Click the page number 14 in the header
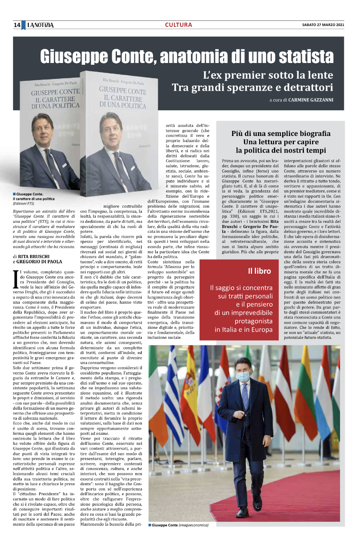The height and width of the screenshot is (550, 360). [17, 25]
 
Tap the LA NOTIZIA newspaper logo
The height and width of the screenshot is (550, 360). [40, 25]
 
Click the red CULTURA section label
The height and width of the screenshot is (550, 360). [178, 25]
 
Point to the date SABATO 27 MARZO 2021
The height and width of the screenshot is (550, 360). [323, 25]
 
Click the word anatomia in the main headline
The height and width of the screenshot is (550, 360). [201, 57]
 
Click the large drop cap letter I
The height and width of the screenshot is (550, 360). [16, 279]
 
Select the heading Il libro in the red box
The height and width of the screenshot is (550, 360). [259, 271]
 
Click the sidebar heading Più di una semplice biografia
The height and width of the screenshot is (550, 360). [280, 133]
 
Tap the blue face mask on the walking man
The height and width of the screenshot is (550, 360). [244, 376]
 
